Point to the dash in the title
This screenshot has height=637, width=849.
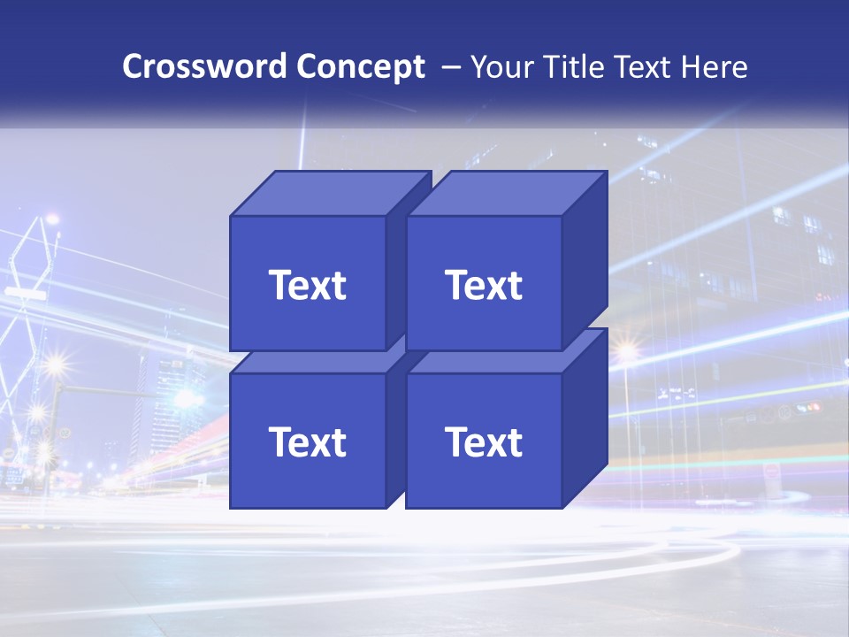coord(450,67)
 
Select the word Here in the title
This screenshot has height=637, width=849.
coord(717,67)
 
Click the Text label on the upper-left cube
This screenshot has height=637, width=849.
coord(308,285)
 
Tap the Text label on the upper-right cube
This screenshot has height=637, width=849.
coord(484,285)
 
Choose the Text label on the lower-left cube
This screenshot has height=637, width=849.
coord(308,441)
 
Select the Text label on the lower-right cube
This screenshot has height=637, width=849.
coord(484,441)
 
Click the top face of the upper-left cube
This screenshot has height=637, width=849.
coord(329,193)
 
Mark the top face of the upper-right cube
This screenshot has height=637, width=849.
coord(506,193)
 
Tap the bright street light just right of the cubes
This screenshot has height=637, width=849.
coord(627,353)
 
